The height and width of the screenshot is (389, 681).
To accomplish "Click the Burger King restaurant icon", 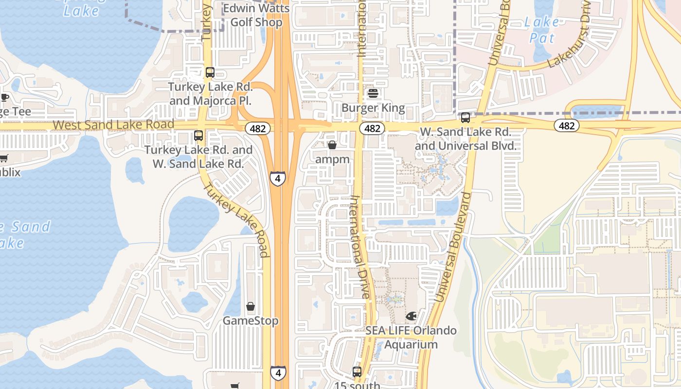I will [373, 93].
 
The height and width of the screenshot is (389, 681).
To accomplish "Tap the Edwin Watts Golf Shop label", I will [256, 15].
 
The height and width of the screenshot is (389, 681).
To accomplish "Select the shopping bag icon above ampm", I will [332, 145].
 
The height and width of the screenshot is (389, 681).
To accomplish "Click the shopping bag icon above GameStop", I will [251, 306].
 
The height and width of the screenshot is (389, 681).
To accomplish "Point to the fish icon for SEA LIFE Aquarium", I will [411, 317].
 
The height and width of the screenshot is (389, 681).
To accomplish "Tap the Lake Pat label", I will [541, 30].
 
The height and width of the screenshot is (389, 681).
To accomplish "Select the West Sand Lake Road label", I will [113, 124].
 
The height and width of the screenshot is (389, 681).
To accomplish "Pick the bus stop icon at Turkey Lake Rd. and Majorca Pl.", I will [210, 72].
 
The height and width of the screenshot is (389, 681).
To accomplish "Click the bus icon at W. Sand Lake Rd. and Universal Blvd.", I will [466, 118].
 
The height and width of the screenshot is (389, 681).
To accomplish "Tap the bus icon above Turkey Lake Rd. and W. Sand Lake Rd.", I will [198, 136].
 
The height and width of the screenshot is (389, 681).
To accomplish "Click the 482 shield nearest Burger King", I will [372, 128].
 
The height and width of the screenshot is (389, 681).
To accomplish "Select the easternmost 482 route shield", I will [567, 126].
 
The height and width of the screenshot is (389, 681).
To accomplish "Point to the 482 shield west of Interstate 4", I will [258, 128].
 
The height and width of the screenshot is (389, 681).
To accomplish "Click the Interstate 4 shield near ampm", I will [277, 178].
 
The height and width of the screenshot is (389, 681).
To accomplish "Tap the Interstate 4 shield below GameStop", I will [278, 373].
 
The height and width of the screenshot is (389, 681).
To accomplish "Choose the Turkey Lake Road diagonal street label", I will [236, 220].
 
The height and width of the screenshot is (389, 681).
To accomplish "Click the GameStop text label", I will [251, 321].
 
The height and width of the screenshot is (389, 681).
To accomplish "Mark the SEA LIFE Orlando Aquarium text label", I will [411, 337].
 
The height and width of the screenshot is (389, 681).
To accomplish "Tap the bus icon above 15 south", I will [357, 372].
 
